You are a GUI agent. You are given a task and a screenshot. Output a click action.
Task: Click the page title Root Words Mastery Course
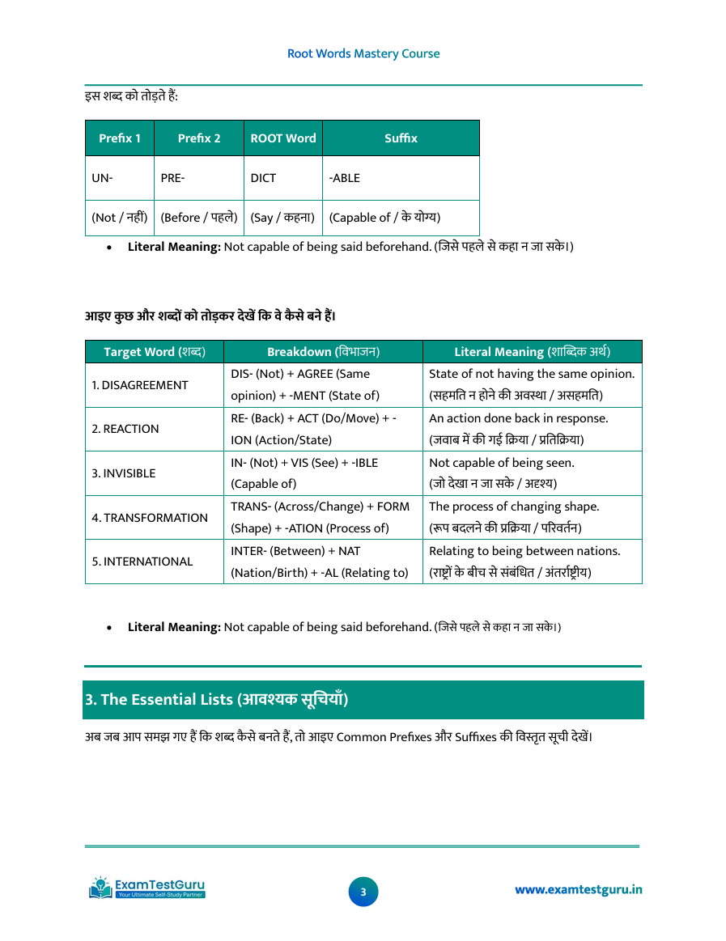363,53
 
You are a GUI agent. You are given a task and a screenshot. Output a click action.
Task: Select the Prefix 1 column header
120,138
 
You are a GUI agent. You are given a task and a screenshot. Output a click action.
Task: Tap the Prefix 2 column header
199,138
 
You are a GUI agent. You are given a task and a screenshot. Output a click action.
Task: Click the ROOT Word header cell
283,138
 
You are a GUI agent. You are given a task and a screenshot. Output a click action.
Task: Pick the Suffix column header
401,138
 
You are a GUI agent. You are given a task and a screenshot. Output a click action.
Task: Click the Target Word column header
155,352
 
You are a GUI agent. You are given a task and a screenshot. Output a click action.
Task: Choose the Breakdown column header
323,352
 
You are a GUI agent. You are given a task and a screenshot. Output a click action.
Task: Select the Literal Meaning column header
532,352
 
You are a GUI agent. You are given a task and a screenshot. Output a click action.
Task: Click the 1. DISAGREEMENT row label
139,385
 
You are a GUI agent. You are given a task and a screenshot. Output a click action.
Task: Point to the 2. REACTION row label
125,429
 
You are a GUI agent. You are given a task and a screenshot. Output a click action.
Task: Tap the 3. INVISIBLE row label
124,473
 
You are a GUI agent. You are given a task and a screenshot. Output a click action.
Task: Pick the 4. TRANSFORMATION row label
150,518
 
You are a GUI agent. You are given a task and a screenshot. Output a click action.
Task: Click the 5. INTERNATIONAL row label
142,562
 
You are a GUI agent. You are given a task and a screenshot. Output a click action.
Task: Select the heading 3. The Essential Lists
217,700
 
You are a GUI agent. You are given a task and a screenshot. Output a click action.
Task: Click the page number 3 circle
363,892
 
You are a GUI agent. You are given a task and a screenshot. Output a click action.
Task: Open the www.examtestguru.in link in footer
579,890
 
